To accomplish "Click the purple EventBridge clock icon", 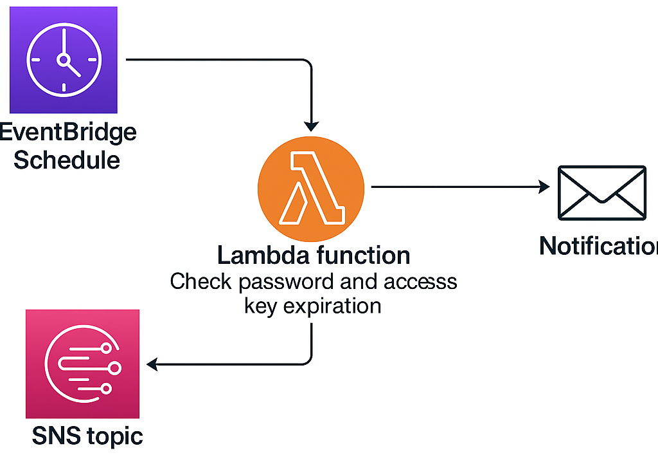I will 64,60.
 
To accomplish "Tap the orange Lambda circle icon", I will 311,187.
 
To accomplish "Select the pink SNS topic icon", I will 82,364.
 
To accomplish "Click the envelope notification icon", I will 601,193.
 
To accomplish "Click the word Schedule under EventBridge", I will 67,159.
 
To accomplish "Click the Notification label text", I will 598,246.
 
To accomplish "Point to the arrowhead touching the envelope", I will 544,187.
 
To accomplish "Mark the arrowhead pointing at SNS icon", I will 152,365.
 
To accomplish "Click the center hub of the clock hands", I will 64,60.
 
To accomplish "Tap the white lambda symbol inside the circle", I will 311,188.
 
